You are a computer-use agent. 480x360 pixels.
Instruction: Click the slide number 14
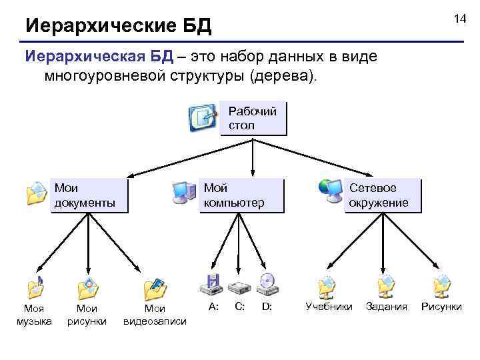[x=459, y=19]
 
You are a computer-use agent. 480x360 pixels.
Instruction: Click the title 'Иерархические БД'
[x=118, y=27]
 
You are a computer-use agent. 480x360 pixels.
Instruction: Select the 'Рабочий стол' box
[x=253, y=118]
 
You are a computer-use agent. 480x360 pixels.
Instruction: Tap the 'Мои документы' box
[x=89, y=195]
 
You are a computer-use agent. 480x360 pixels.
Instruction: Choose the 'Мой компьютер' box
[x=242, y=195]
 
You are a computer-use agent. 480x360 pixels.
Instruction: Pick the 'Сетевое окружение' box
[x=383, y=195]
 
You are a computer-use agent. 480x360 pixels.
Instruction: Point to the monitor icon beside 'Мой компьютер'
[x=184, y=192]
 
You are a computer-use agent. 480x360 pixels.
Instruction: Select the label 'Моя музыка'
[x=34, y=315]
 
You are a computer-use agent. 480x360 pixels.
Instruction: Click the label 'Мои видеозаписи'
[x=155, y=315]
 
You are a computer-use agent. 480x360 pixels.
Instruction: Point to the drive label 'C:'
[x=240, y=307]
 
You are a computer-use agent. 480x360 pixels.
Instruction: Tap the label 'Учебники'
[x=329, y=307]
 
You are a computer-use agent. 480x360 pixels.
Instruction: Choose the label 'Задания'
[x=387, y=307]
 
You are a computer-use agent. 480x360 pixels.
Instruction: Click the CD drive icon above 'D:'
[x=267, y=285]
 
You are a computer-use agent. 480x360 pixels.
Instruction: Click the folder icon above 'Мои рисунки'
[x=87, y=287]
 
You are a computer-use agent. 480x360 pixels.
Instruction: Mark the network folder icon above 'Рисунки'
[x=441, y=286]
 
